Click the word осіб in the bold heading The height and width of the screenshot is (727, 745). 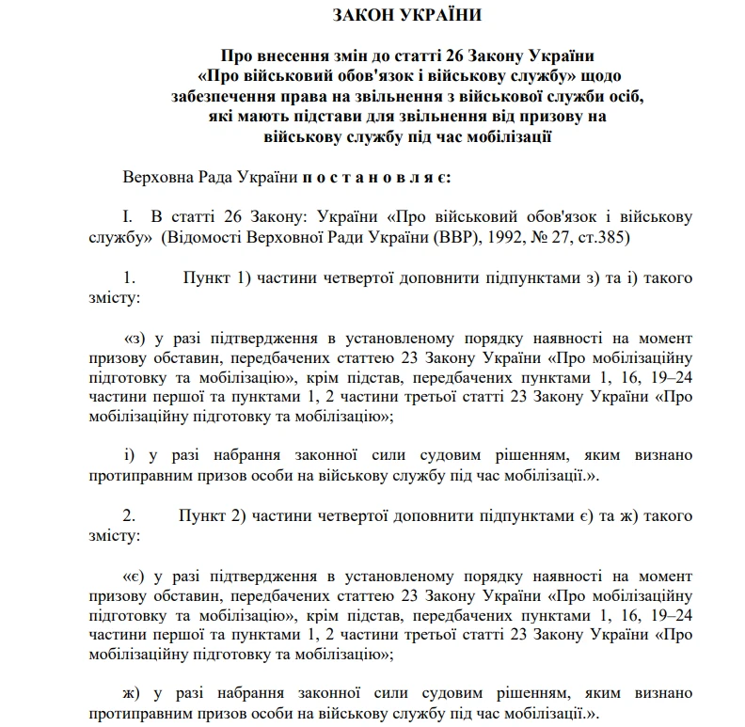(624, 96)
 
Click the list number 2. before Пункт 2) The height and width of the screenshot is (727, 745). (130, 515)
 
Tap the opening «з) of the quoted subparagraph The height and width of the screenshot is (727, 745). (136, 338)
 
